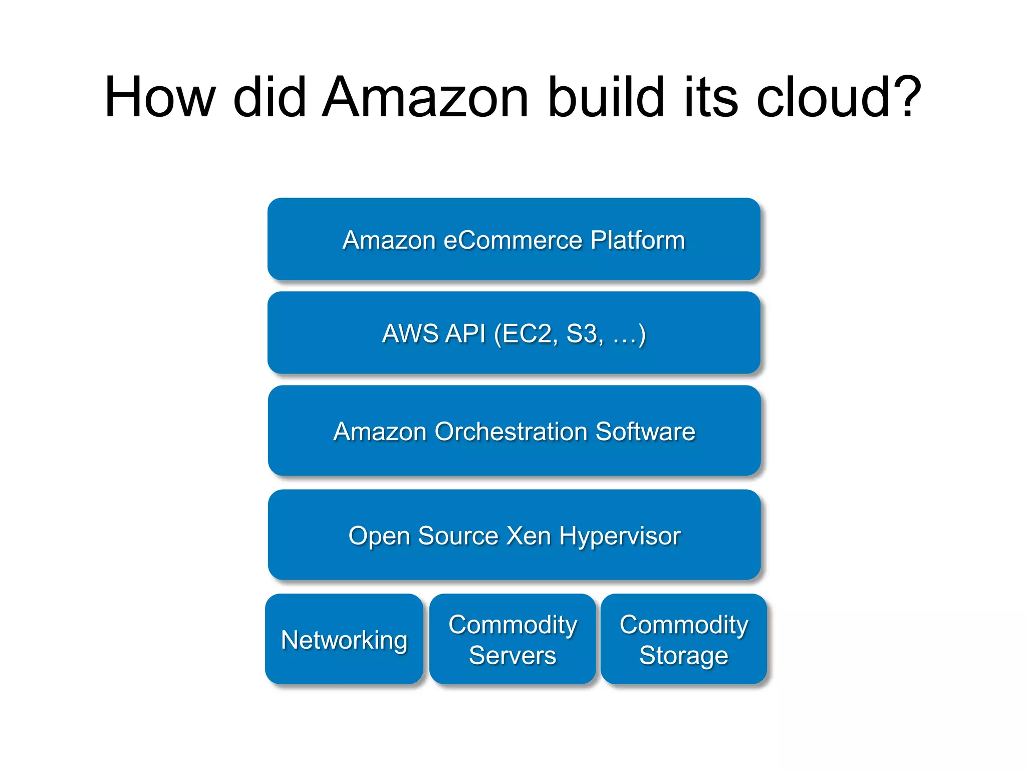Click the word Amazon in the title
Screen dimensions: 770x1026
pyautogui.click(x=425, y=98)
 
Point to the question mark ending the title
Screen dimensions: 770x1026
pyautogui.click(x=905, y=98)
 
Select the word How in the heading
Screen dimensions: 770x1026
pyautogui.click(x=160, y=98)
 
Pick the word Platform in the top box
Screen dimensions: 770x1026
pyautogui.click(x=637, y=240)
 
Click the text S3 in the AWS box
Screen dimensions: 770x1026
pyautogui.click(x=583, y=334)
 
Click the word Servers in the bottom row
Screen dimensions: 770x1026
pyautogui.click(x=512, y=656)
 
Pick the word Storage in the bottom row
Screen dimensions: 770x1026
pyautogui.click(x=684, y=656)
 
